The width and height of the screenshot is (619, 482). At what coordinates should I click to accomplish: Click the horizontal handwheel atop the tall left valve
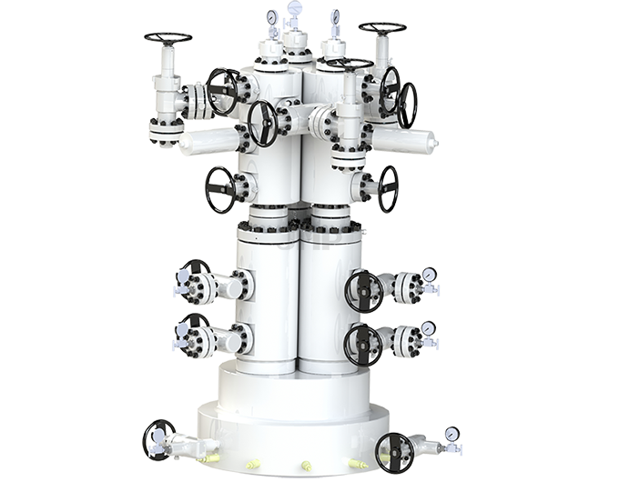click(x=167, y=38)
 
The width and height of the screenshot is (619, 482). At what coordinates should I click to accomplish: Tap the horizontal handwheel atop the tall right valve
click(x=382, y=27)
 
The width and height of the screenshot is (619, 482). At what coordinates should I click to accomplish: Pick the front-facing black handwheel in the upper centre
click(x=262, y=123)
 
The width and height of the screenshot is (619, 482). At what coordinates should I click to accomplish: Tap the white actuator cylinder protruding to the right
click(x=406, y=140)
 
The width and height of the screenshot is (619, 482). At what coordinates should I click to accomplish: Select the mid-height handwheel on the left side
click(x=220, y=189)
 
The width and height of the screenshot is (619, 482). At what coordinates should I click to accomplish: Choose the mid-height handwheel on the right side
click(x=389, y=187)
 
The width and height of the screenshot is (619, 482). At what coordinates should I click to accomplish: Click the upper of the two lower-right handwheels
click(x=363, y=291)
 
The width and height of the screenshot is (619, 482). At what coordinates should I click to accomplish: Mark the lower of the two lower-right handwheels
click(x=363, y=345)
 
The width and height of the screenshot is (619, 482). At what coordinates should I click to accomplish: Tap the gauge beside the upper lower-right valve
click(x=427, y=274)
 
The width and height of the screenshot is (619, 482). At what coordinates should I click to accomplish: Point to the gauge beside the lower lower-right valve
click(x=427, y=328)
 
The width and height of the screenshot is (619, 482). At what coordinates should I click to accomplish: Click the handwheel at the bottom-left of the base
click(x=158, y=440)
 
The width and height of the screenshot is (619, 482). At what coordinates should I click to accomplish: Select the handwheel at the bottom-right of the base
click(x=395, y=452)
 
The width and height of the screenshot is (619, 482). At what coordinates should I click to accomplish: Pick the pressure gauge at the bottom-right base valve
click(x=452, y=434)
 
